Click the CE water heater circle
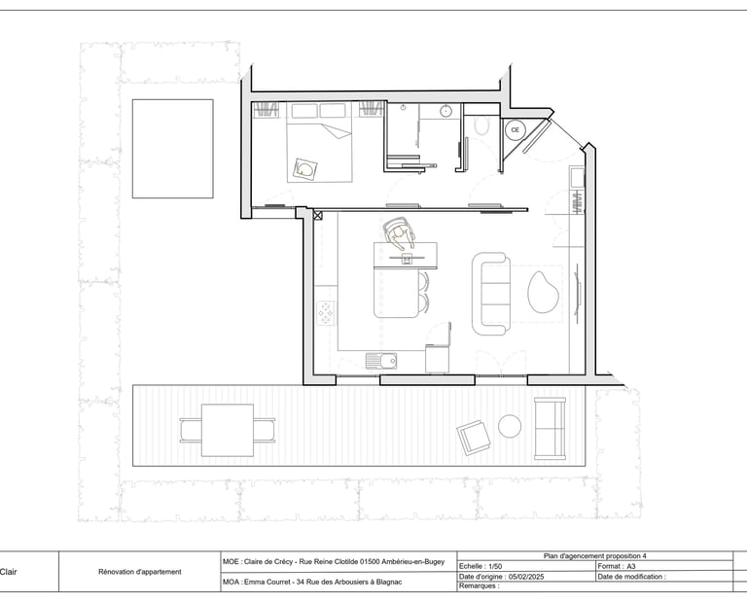[x=516, y=129]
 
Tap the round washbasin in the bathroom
[x=446, y=112]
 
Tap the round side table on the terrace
[x=510, y=426]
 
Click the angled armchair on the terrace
[x=474, y=437]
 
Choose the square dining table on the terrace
[x=228, y=430]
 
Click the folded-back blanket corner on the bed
[x=306, y=169]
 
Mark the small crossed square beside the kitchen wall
[x=316, y=215]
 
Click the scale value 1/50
[x=496, y=566]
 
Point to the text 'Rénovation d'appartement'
[x=140, y=572]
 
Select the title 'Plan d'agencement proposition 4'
[x=594, y=556]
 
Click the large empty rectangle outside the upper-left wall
[x=172, y=149]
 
